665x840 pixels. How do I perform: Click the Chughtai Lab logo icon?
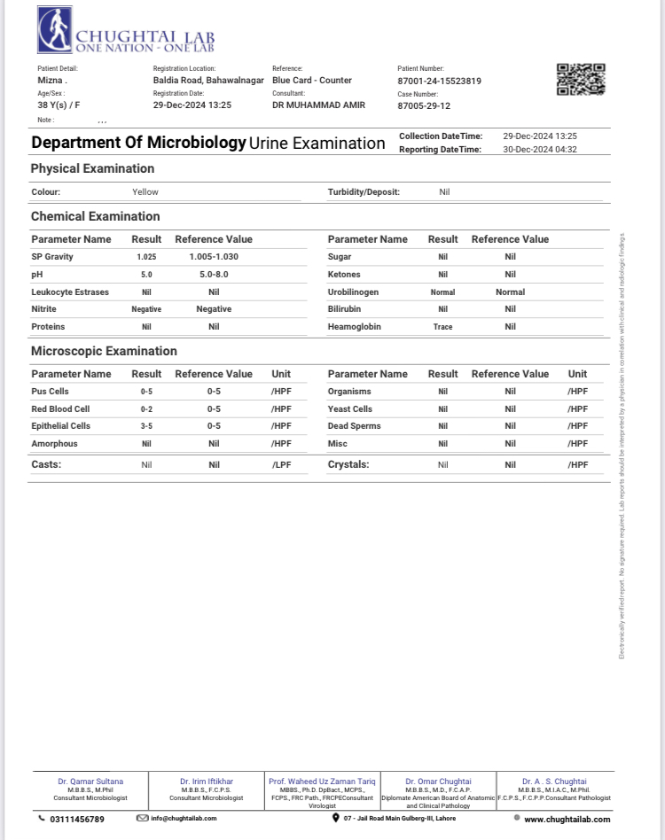coord(56,30)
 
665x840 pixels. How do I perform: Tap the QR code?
coord(581,80)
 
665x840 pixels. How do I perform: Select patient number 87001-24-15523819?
coord(439,81)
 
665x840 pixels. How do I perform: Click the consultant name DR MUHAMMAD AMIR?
coord(318,105)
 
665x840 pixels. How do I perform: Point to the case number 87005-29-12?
coord(424,105)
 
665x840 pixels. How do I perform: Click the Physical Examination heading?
coord(92,168)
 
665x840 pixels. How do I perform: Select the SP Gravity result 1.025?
coord(146,257)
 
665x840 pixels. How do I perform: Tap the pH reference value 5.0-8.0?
coord(214,275)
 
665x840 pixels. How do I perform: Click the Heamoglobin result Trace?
coord(442,327)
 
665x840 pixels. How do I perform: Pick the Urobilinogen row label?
coord(353,292)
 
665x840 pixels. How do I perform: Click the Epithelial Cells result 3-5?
coord(146,426)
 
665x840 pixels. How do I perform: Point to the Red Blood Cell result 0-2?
coord(146,409)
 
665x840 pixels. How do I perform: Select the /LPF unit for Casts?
coord(282,464)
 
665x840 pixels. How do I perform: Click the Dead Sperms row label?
coord(354,426)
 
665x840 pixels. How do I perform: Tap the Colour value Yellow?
coord(145,191)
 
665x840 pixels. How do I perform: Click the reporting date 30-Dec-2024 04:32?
coord(540,150)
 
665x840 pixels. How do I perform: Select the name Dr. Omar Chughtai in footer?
coord(438,782)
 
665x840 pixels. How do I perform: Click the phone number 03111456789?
coord(77,819)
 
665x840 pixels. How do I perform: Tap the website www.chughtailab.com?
coord(567,820)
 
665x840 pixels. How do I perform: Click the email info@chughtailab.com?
coord(184,819)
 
